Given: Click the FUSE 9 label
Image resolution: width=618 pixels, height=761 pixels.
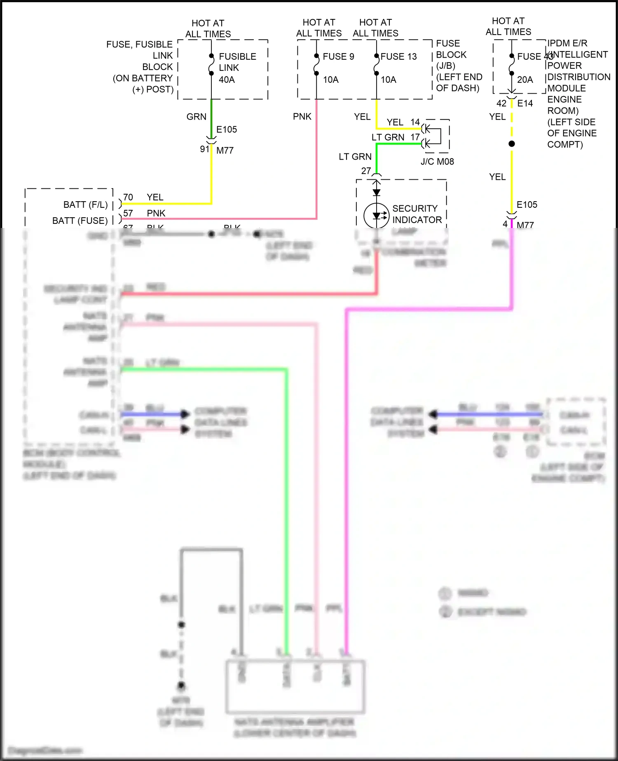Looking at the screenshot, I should pyautogui.click(x=338, y=56).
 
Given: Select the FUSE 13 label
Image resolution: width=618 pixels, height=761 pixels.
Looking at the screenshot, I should pyautogui.click(x=398, y=56).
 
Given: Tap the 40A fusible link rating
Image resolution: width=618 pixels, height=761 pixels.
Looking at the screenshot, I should pyautogui.click(x=227, y=80).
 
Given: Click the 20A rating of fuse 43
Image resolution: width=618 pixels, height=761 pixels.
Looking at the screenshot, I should pyautogui.click(x=525, y=80).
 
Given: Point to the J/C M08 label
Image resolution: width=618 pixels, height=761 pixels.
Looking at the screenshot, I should pyautogui.click(x=437, y=162).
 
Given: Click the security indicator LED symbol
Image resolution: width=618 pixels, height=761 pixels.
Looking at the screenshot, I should pyautogui.click(x=377, y=215).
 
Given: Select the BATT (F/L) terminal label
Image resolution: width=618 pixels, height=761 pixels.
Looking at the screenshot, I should pyautogui.click(x=85, y=204).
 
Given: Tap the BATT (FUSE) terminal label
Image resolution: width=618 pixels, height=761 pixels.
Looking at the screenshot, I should pyautogui.click(x=80, y=221).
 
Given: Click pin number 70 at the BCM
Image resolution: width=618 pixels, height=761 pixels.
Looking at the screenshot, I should pyautogui.click(x=128, y=197).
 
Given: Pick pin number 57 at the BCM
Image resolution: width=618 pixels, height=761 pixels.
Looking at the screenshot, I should pyautogui.click(x=128, y=213).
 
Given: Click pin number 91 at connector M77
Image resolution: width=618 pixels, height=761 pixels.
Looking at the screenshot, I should pyautogui.click(x=205, y=149).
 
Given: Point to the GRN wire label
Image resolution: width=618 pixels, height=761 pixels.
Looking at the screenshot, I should pyautogui.click(x=196, y=117).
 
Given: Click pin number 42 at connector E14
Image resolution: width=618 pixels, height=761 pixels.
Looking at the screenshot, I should pyautogui.click(x=501, y=103).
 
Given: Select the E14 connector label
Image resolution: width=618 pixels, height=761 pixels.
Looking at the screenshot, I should pyautogui.click(x=525, y=103).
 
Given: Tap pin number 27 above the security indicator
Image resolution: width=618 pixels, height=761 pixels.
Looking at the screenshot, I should pyautogui.click(x=366, y=171).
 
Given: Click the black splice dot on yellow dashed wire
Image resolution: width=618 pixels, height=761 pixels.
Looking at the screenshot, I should pyautogui.click(x=512, y=144).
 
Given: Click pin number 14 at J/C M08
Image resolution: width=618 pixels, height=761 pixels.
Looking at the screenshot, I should pyautogui.click(x=415, y=122).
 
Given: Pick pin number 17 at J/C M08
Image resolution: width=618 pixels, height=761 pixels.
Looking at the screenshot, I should pyautogui.click(x=415, y=137).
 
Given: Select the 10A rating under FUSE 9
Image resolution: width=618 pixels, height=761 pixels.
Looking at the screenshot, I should pyautogui.click(x=330, y=80).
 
